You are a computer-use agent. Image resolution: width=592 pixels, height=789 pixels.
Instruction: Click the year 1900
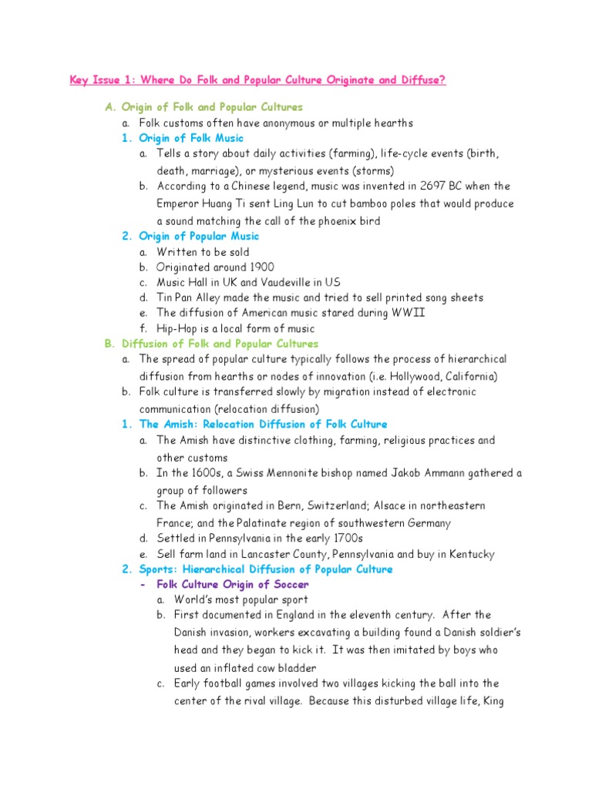258,267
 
